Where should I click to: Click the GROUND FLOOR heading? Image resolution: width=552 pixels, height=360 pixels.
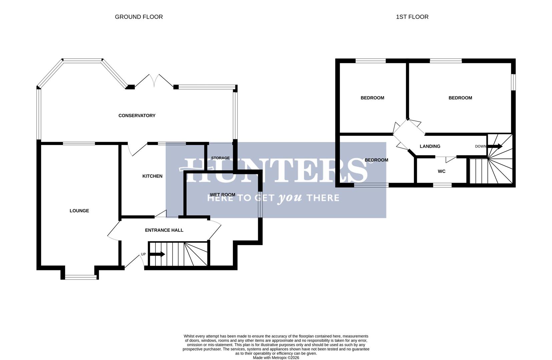pos(139,17)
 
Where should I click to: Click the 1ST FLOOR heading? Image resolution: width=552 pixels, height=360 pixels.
pos(412,17)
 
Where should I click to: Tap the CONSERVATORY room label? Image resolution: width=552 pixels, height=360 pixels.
pos(137,116)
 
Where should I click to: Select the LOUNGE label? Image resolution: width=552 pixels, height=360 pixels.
pos(79,211)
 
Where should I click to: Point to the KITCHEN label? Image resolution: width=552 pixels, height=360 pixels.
pos(152,176)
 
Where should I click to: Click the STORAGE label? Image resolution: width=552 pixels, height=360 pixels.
pos(220,158)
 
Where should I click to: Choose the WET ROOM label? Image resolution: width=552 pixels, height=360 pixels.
pos(222,195)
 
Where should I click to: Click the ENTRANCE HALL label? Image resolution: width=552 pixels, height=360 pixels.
pos(164,230)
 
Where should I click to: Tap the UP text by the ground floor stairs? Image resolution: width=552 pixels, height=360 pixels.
pos(143,254)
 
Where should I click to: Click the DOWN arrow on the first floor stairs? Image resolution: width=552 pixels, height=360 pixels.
pos(496,146)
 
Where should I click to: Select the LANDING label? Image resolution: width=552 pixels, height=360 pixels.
pos(430,146)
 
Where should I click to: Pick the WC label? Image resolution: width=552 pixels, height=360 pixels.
pos(441,171)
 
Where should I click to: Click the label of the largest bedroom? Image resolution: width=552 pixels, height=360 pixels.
pos(460,98)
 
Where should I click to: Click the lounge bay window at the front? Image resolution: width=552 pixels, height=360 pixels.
pos(80,276)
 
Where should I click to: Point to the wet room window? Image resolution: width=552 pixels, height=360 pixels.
pos(260,204)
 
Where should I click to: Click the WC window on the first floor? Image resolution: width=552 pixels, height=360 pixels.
pos(442,185)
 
